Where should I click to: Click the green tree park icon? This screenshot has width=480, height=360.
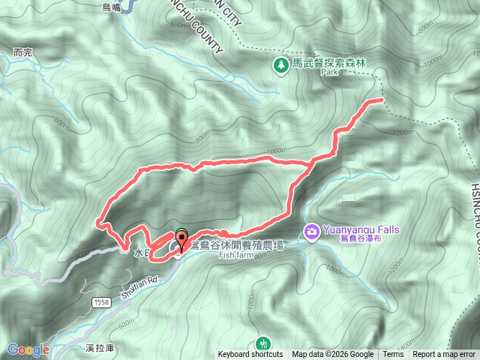(x=281, y=65)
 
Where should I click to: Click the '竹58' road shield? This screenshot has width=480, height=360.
(x=102, y=301)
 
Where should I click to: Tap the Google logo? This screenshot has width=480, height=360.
(x=28, y=349)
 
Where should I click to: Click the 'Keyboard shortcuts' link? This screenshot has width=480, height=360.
(x=250, y=355)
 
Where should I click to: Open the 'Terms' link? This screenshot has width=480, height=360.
(x=393, y=355)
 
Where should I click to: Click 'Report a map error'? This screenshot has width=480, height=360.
(x=444, y=355)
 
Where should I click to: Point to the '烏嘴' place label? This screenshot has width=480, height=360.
(x=111, y=6)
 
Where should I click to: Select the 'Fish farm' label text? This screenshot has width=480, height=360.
(x=238, y=255)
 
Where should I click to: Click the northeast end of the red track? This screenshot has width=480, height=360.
(x=382, y=99)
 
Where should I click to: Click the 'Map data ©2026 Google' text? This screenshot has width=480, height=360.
(x=333, y=355)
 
